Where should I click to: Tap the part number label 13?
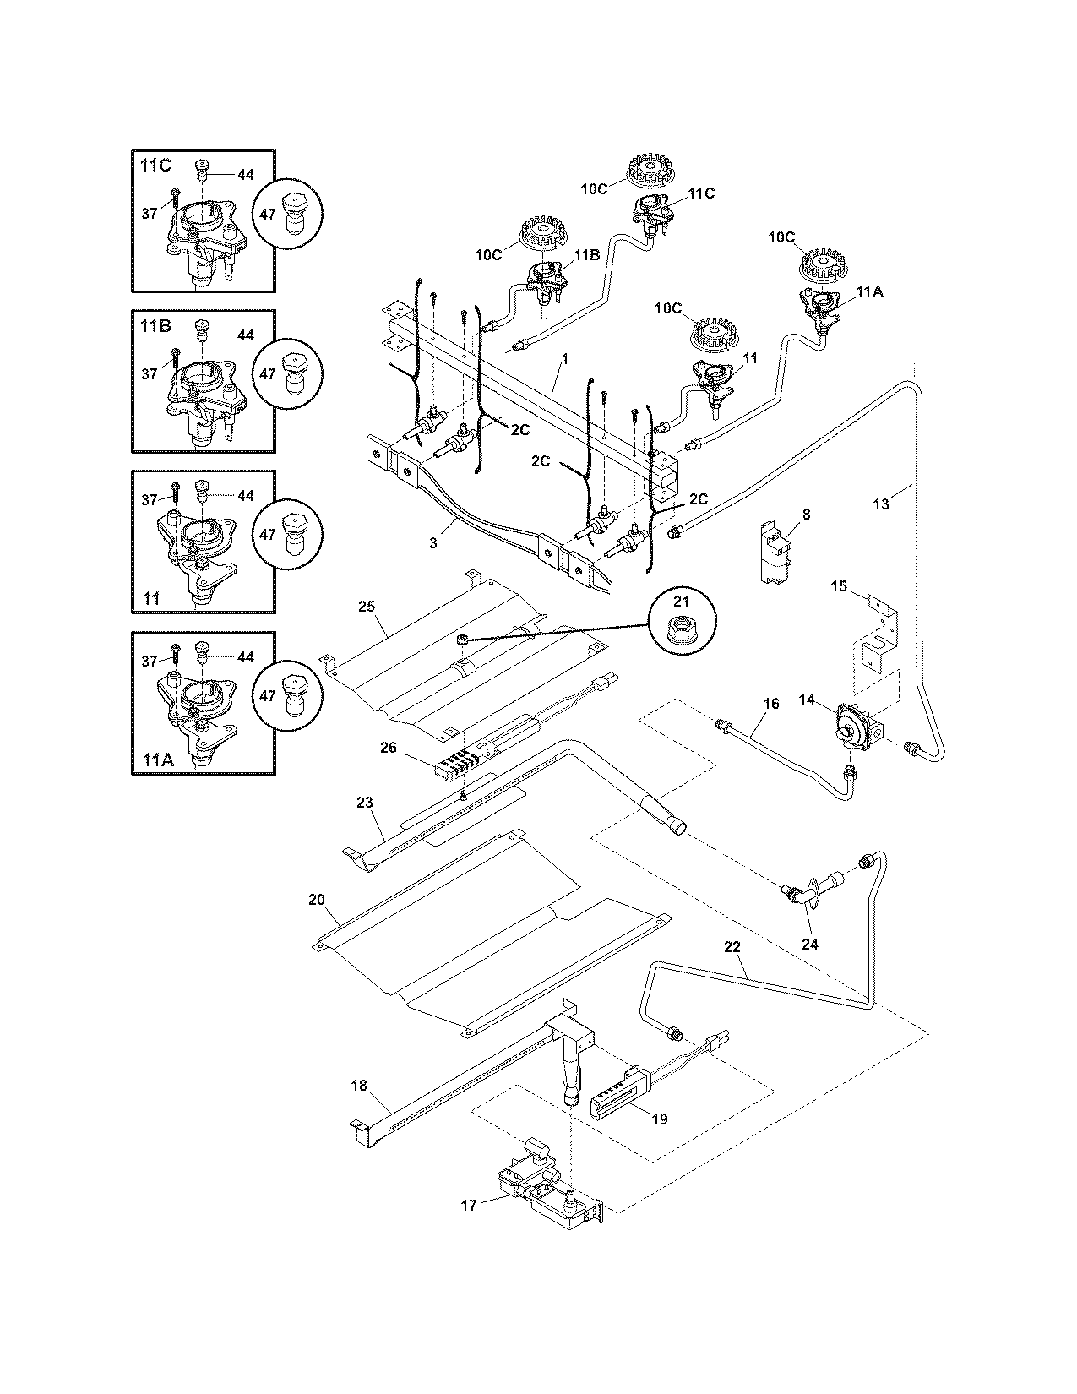[x=881, y=504]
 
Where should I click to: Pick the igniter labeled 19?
[x=617, y=1097]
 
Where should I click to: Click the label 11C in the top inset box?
[x=155, y=166]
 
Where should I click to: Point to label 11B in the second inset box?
[x=155, y=327]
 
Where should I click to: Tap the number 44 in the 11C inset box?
[x=245, y=175]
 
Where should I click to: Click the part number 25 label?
[x=366, y=607]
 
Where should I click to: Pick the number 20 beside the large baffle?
[x=317, y=900]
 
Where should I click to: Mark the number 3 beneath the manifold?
[x=433, y=543]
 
